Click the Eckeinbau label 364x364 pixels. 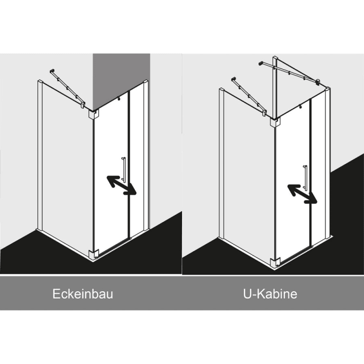[83, 294]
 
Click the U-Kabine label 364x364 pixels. [270, 294]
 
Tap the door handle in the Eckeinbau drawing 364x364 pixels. [124, 170]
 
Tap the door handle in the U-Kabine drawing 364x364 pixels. [305, 178]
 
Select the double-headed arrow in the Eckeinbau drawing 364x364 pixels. [121, 185]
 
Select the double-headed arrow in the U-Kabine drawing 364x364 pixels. [302, 194]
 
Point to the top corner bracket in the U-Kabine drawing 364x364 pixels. [275, 122]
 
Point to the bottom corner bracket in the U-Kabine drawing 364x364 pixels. [275, 262]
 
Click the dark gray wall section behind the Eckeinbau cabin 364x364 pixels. [121, 79]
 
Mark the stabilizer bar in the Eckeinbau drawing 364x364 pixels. [67, 88]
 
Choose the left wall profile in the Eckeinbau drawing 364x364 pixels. [40, 155]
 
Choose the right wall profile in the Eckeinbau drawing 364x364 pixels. [146, 155]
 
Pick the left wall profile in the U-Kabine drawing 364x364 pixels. [222, 163]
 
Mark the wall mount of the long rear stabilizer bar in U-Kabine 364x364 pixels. [261, 63]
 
